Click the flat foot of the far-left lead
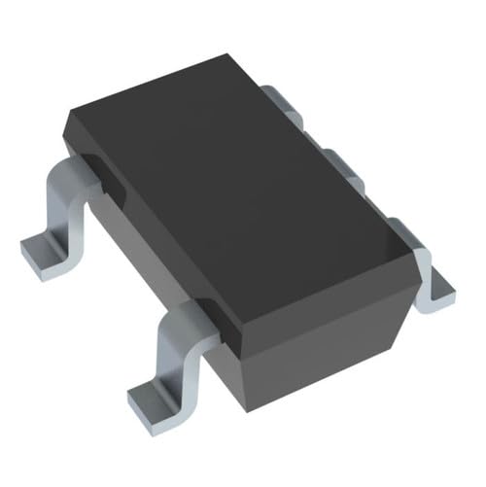pyautogui.click(x=44, y=250)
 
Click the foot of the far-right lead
pyautogui.click(x=434, y=287)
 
